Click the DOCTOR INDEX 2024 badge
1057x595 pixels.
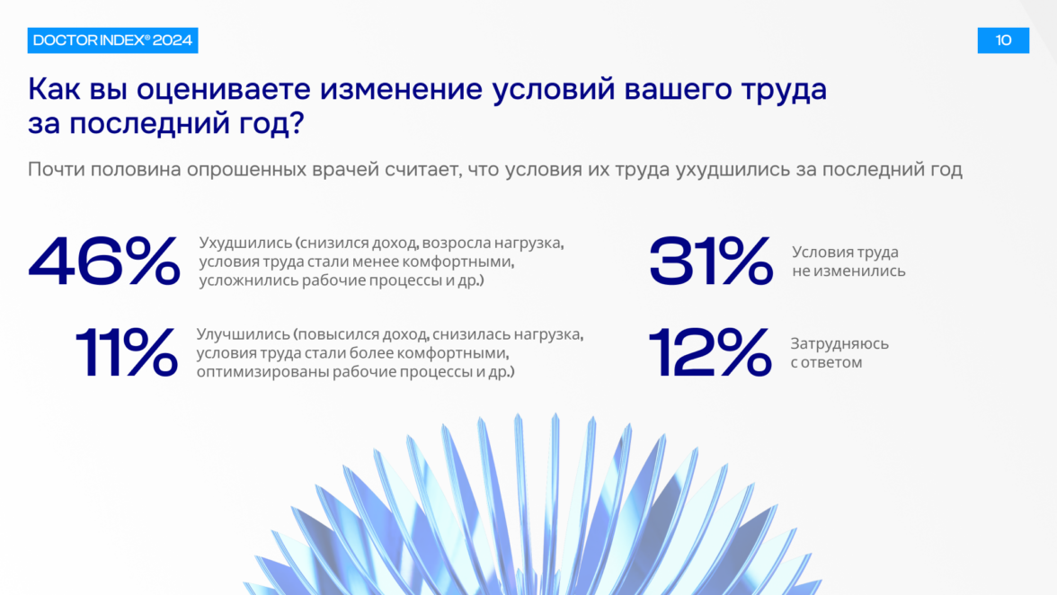point(112,40)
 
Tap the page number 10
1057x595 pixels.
point(1003,40)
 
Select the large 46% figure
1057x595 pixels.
point(104,262)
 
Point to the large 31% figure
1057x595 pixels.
point(710,262)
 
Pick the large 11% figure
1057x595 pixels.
point(127,351)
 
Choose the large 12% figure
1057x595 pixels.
point(710,351)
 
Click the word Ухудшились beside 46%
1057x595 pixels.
point(245,244)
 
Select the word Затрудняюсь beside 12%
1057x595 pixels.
point(839,343)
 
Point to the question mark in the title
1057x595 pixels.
point(298,123)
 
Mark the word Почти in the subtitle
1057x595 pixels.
point(56,169)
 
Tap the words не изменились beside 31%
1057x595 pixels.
point(848,271)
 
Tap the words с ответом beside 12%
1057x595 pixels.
point(827,362)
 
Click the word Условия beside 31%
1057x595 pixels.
point(817,252)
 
